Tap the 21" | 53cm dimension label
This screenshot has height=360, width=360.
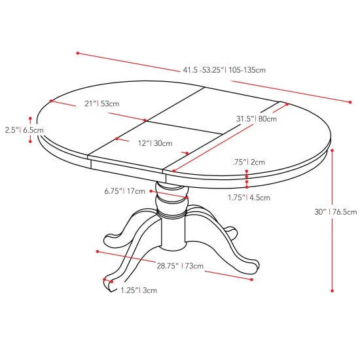coord(101,103)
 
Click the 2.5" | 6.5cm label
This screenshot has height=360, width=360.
coord(22,130)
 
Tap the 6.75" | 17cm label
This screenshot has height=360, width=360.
coord(124,192)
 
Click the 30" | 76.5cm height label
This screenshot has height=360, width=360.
coord(336,211)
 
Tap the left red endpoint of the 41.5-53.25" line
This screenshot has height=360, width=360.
coord(77,52)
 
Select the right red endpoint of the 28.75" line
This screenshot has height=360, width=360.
coord(252,279)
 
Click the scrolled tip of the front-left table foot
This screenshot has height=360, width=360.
coord(107,281)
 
